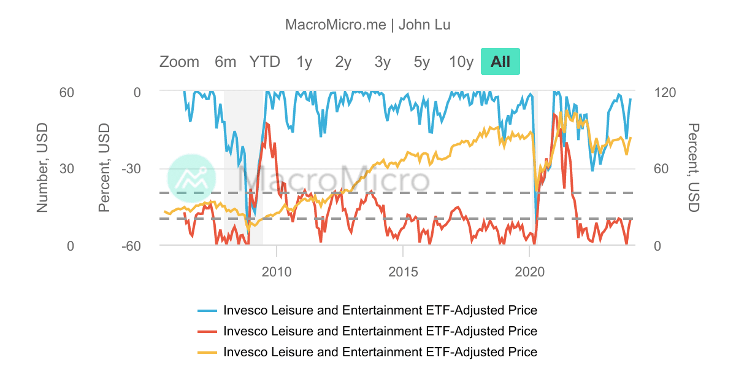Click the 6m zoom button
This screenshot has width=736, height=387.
225,61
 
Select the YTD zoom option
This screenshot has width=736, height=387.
264,61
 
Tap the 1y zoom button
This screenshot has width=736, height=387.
304,61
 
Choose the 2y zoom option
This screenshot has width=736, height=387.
343,61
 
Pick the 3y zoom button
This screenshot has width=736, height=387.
383,61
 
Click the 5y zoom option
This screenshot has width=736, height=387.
422,61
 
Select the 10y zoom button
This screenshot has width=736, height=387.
461,61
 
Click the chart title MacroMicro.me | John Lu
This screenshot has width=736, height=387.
368,25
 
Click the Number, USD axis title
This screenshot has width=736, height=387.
42,168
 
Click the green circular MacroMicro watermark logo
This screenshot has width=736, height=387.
191,178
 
